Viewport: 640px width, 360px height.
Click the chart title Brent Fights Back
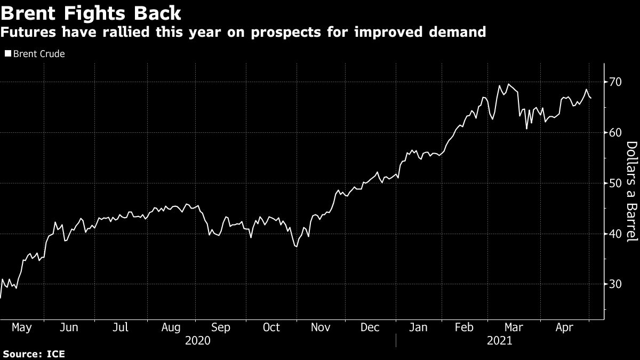[91, 12]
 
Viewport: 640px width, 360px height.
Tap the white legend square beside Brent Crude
[7, 54]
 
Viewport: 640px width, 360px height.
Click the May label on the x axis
[22, 327]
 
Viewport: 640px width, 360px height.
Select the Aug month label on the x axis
[171, 327]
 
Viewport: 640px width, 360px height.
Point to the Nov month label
[321, 327]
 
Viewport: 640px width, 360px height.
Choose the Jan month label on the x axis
[418, 327]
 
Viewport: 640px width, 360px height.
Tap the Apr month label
[565, 327]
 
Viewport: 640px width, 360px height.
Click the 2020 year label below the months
[197, 340]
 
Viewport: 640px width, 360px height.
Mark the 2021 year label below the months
[499, 340]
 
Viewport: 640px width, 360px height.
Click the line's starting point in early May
[1, 298]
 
